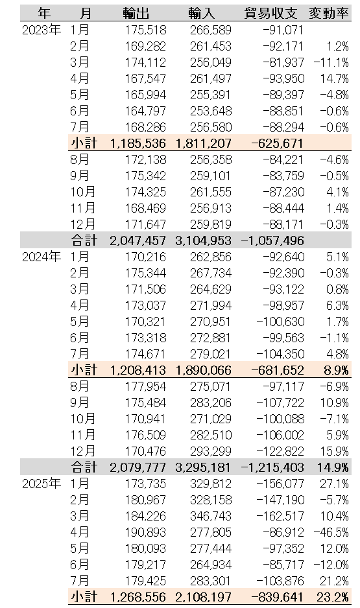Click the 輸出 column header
(x=136, y=14)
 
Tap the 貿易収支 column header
(x=270, y=14)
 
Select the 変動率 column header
(x=329, y=14)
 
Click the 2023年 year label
(x=42, y=30)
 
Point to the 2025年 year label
(x=42, y=484)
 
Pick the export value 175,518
(x=145, y=30)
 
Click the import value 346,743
(x=211, y=516)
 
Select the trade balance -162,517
(x=280, y=516)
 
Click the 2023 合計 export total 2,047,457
(x=138, y=240)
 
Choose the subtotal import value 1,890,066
(x=203, y=370)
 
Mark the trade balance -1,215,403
(x=272, y=467)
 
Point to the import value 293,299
(x=211, y=451)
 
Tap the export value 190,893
(x=145, y=532)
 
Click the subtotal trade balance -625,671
(x=277, y=143)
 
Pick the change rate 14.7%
(x=335, y=78)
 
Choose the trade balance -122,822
(x=280, y=451)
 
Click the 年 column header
(x=44, y=14)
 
